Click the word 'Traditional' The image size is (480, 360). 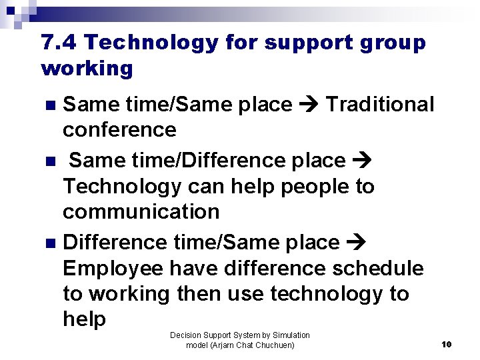[379, 105]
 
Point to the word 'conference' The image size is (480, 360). [119, 129]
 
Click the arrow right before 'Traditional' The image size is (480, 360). [309, 105]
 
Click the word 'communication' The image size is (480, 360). [141, 212]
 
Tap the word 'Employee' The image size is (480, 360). [113, 269]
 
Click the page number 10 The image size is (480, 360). [447, 344]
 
